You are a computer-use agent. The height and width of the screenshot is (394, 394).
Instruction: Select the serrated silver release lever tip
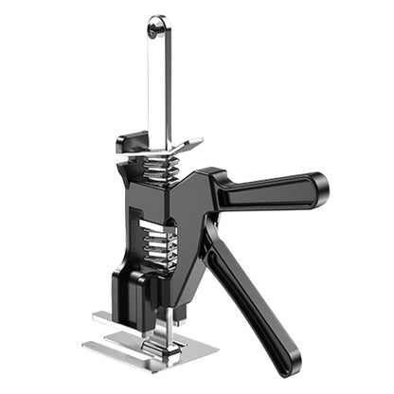click(x=189, y=146)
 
